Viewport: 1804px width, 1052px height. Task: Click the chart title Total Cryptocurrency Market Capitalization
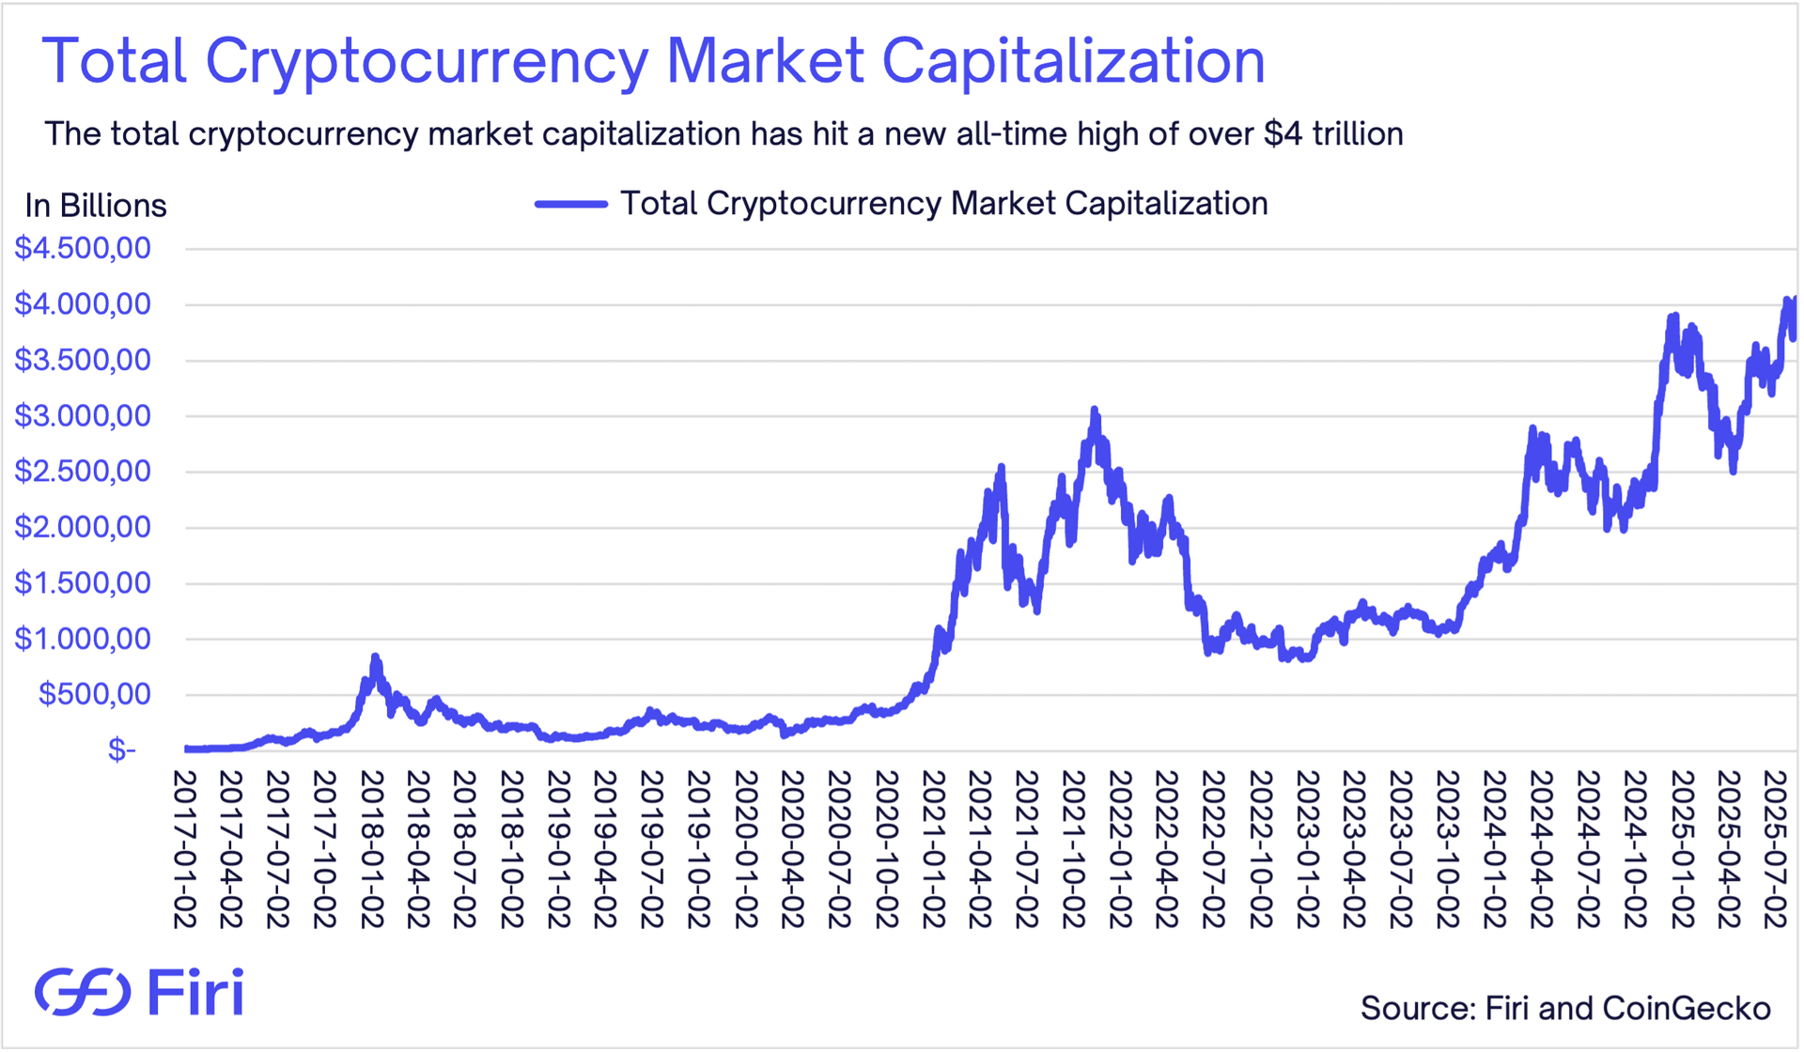(x=653, y=61)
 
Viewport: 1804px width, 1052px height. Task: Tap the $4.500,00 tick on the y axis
(x=83, y=249)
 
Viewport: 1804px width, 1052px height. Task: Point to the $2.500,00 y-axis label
(x=83, y=472)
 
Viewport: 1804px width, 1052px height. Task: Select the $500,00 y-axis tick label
(x=94, y=694)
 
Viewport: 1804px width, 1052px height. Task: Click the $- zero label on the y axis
(x=121, y=750)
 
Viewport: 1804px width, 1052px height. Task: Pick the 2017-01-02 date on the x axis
(x=184, y=849)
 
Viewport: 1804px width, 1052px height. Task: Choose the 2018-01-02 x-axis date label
(x=372, y=849)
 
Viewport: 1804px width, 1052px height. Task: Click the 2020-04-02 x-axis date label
(x=793, y=849)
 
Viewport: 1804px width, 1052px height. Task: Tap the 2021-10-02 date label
(x=1074, y=849)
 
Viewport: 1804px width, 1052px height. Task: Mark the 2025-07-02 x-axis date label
(x=1775, y=849)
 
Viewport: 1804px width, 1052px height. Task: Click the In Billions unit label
(x=96, y=206)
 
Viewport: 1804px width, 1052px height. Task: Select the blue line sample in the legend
(x=571, y=204)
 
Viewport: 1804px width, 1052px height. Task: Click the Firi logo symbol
(x=83, y=992)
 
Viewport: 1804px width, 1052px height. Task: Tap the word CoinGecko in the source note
(x=1687, y=1008)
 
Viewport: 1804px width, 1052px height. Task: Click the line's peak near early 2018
(x=375, y=657)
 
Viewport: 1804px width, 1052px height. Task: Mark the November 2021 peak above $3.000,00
(x=1094, y=410)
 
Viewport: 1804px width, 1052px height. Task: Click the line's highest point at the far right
(x=1787, y=301)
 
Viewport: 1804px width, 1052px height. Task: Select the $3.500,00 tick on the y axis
(x=83, y=360)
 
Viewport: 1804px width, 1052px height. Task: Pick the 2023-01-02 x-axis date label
(x=1308, y=849)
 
